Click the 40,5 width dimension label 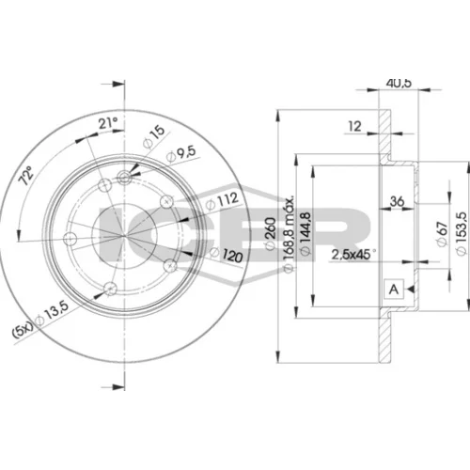point(399,83)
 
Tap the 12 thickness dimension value point(354,126)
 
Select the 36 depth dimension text point(397,201)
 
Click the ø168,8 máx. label point(289,234)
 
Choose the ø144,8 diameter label point(305,233)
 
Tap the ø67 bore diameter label point(442,234)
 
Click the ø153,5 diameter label point(462,234)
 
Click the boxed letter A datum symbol point(394,289)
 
